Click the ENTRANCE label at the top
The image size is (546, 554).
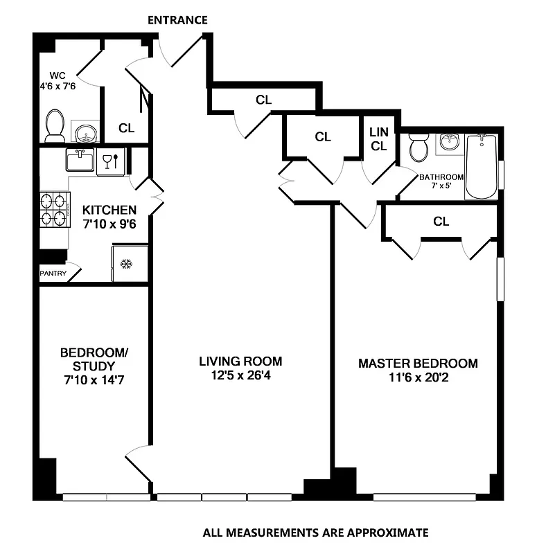tap(177, 20)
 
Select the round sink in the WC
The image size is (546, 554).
tap(85, 132)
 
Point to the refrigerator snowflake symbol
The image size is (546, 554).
tap(126, 264)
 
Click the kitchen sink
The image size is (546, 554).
tap(80, 161)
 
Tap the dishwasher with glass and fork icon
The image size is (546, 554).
tap(111, 162)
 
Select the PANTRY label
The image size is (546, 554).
tap(53, 273)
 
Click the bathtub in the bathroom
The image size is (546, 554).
tap(481, 166)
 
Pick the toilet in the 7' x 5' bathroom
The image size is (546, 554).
tap(418, 148)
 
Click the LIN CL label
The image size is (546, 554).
tap(378, 138)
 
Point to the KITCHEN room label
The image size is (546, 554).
tap(109, 210)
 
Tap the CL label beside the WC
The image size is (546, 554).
tap(126, 128)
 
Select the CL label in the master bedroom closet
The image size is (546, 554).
tap(441, 222)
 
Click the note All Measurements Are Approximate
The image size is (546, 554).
tap(315, 533)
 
